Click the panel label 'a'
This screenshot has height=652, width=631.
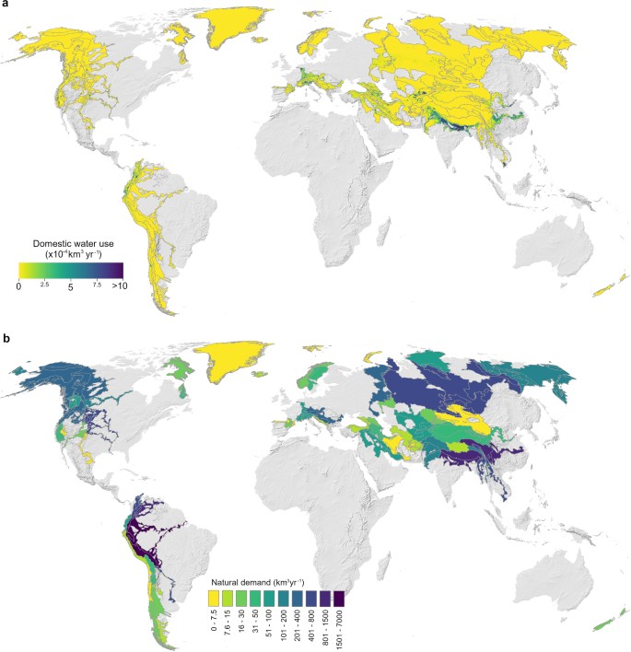[x=6, y=6]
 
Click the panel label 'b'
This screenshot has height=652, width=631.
[x=6, y=338]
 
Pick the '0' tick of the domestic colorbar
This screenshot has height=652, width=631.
[x=19, y=287]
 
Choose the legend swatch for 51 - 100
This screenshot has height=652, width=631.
[x=275, y=597]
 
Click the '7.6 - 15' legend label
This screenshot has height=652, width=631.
[x=230, y=621]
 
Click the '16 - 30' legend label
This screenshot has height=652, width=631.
[x=245, y=619]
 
